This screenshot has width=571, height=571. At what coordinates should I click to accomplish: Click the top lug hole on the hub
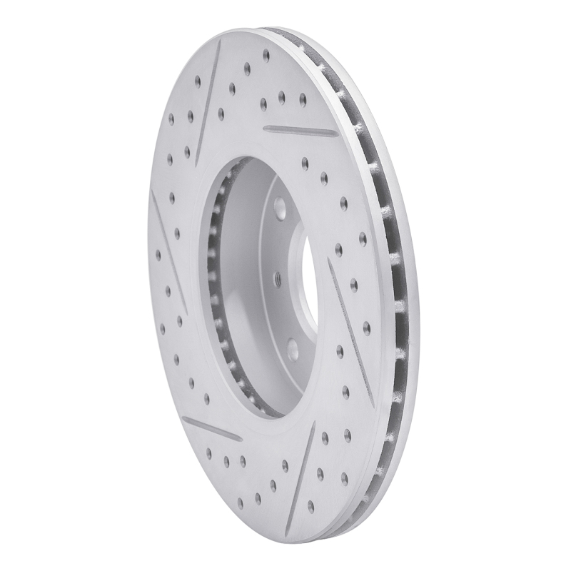[x=279, y=209]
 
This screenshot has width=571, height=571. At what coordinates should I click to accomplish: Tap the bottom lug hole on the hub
[x=292, y=348]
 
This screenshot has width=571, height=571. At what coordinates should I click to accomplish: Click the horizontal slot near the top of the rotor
[x=300, y=131]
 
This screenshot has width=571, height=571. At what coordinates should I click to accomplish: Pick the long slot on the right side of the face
[x=350, y=321]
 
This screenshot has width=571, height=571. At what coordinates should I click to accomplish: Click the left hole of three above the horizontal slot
[x=263, y=103]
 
